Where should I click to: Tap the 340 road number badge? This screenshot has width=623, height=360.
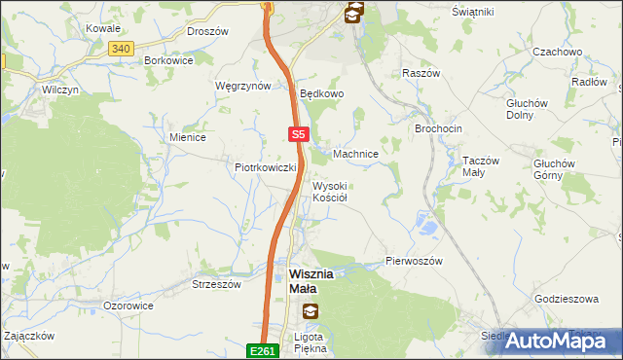(x=121, y=48)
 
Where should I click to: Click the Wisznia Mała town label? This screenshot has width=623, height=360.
(x=311, y=281)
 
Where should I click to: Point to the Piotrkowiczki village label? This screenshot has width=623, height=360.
(x=265, y=167)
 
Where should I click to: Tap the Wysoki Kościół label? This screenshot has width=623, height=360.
(x=330, y=191)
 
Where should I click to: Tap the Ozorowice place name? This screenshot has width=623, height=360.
(x=128, y=306)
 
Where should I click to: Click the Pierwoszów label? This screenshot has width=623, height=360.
(x=415, y=262)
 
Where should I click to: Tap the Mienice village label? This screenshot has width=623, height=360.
(x=187, y=137)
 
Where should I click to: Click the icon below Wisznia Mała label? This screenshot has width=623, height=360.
(x=310, y=311)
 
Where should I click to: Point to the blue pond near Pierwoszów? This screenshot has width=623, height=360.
(x=425, y=227)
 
